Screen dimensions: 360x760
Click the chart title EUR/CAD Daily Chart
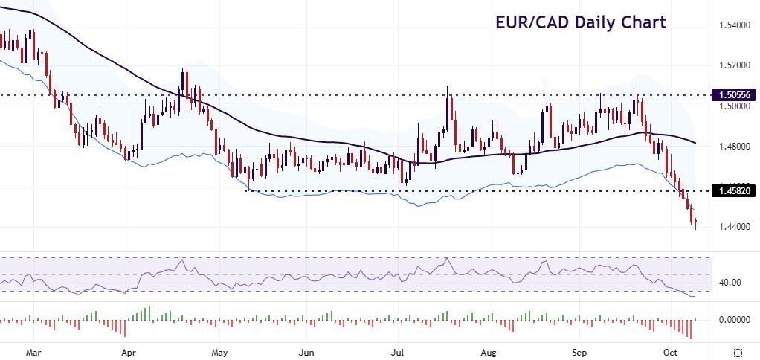[x=581, y=22]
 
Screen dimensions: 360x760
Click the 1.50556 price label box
[x=735, y=95]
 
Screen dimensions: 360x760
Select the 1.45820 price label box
[x=735, y=191]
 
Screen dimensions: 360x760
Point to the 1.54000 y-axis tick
[x=735, y=26]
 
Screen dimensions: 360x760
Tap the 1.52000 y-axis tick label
[x=735, y=65]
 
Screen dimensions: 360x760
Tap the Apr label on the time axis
[x=129, y=350]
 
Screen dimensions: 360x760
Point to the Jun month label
[x=306, y=350]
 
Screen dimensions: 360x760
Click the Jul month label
[x=397, y=350]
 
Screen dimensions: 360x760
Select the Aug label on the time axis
[x=488, y=350]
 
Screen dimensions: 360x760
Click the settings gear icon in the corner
[x=738, y=351]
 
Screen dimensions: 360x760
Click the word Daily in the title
[x=604, y=22]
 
